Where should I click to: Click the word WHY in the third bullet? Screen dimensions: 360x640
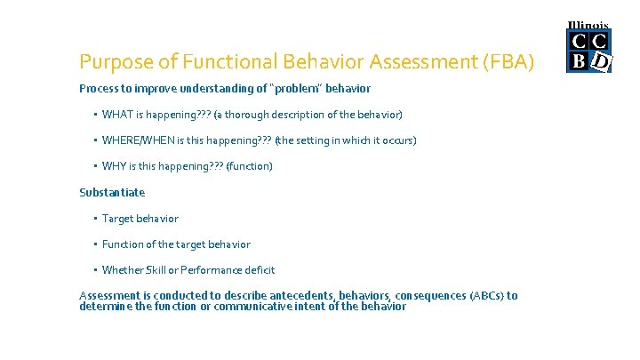point(114,166)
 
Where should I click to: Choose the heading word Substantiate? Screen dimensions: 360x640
point(112,192)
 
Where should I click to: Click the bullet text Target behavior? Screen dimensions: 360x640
point(140,219)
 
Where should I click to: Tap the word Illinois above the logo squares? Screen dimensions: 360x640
point(588,26)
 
